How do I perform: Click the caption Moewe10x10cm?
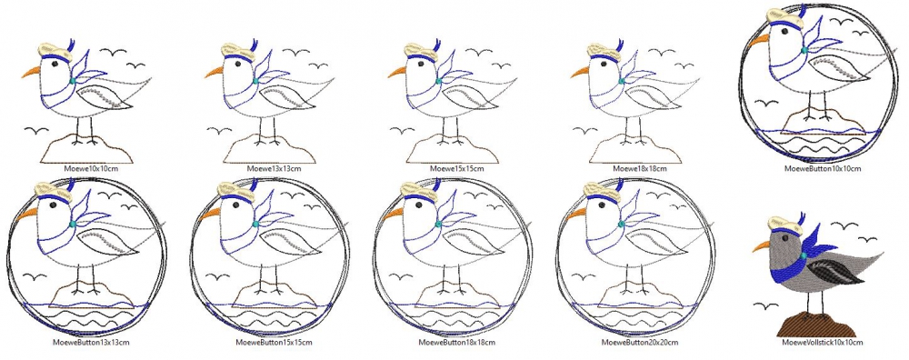(x=85, y=169)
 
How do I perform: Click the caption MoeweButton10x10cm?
(x=822, y=169)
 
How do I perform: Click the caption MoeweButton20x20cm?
(x=639, y=342)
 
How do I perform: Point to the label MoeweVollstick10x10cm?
(x=822, y=343)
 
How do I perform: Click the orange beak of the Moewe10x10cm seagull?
(x=31, y=73)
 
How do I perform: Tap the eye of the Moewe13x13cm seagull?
(x=237, y=65)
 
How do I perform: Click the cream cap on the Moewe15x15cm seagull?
(x=420, y=51)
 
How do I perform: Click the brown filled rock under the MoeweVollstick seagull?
(x=814, y=325)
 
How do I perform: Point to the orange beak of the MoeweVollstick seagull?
(x=761, y=246)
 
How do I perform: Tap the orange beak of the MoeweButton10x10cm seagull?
(x=758, y=39)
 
